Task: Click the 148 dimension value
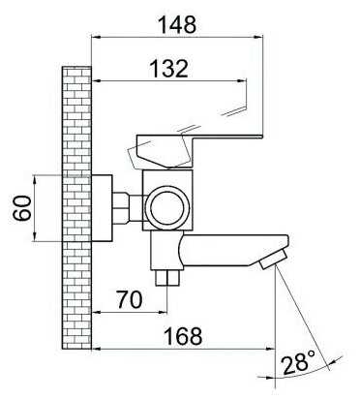[178, 25]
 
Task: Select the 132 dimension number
[169, 68]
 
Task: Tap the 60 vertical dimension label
[22, 208]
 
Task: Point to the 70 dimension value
[130, 299]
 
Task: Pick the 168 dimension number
[183, 336]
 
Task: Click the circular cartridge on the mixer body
[166, 206]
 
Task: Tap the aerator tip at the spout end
[273, 260]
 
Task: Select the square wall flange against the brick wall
[102, 208]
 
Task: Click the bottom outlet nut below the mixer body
[166, 278]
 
